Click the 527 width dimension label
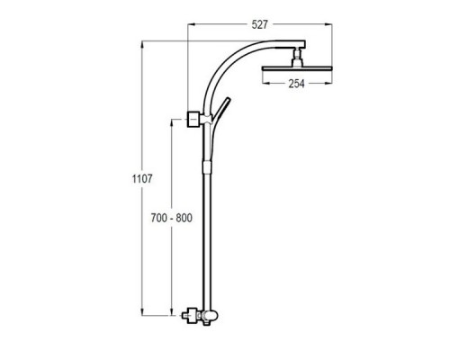tap(259, 24)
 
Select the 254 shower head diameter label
tap(296, 84)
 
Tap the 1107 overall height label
tap(142, 179)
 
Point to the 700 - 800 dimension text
tap(171, 218)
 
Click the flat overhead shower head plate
tap(297, 68)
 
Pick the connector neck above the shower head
tap(297, 57)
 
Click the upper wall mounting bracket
tap(193, 120)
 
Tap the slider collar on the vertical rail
tap(207, 167)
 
